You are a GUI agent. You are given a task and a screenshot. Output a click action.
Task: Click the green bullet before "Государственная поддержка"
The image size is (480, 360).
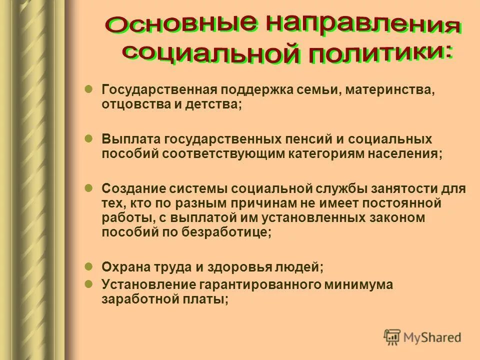[x=88, y=88]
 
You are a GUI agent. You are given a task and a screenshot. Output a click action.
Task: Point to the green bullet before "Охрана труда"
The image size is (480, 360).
[x=88, y=266]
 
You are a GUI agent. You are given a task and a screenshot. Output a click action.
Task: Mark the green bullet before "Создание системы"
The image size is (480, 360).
[x=88, y=187]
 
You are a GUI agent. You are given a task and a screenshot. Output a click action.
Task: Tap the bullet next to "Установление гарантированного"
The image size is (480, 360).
[x=88, y=283]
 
